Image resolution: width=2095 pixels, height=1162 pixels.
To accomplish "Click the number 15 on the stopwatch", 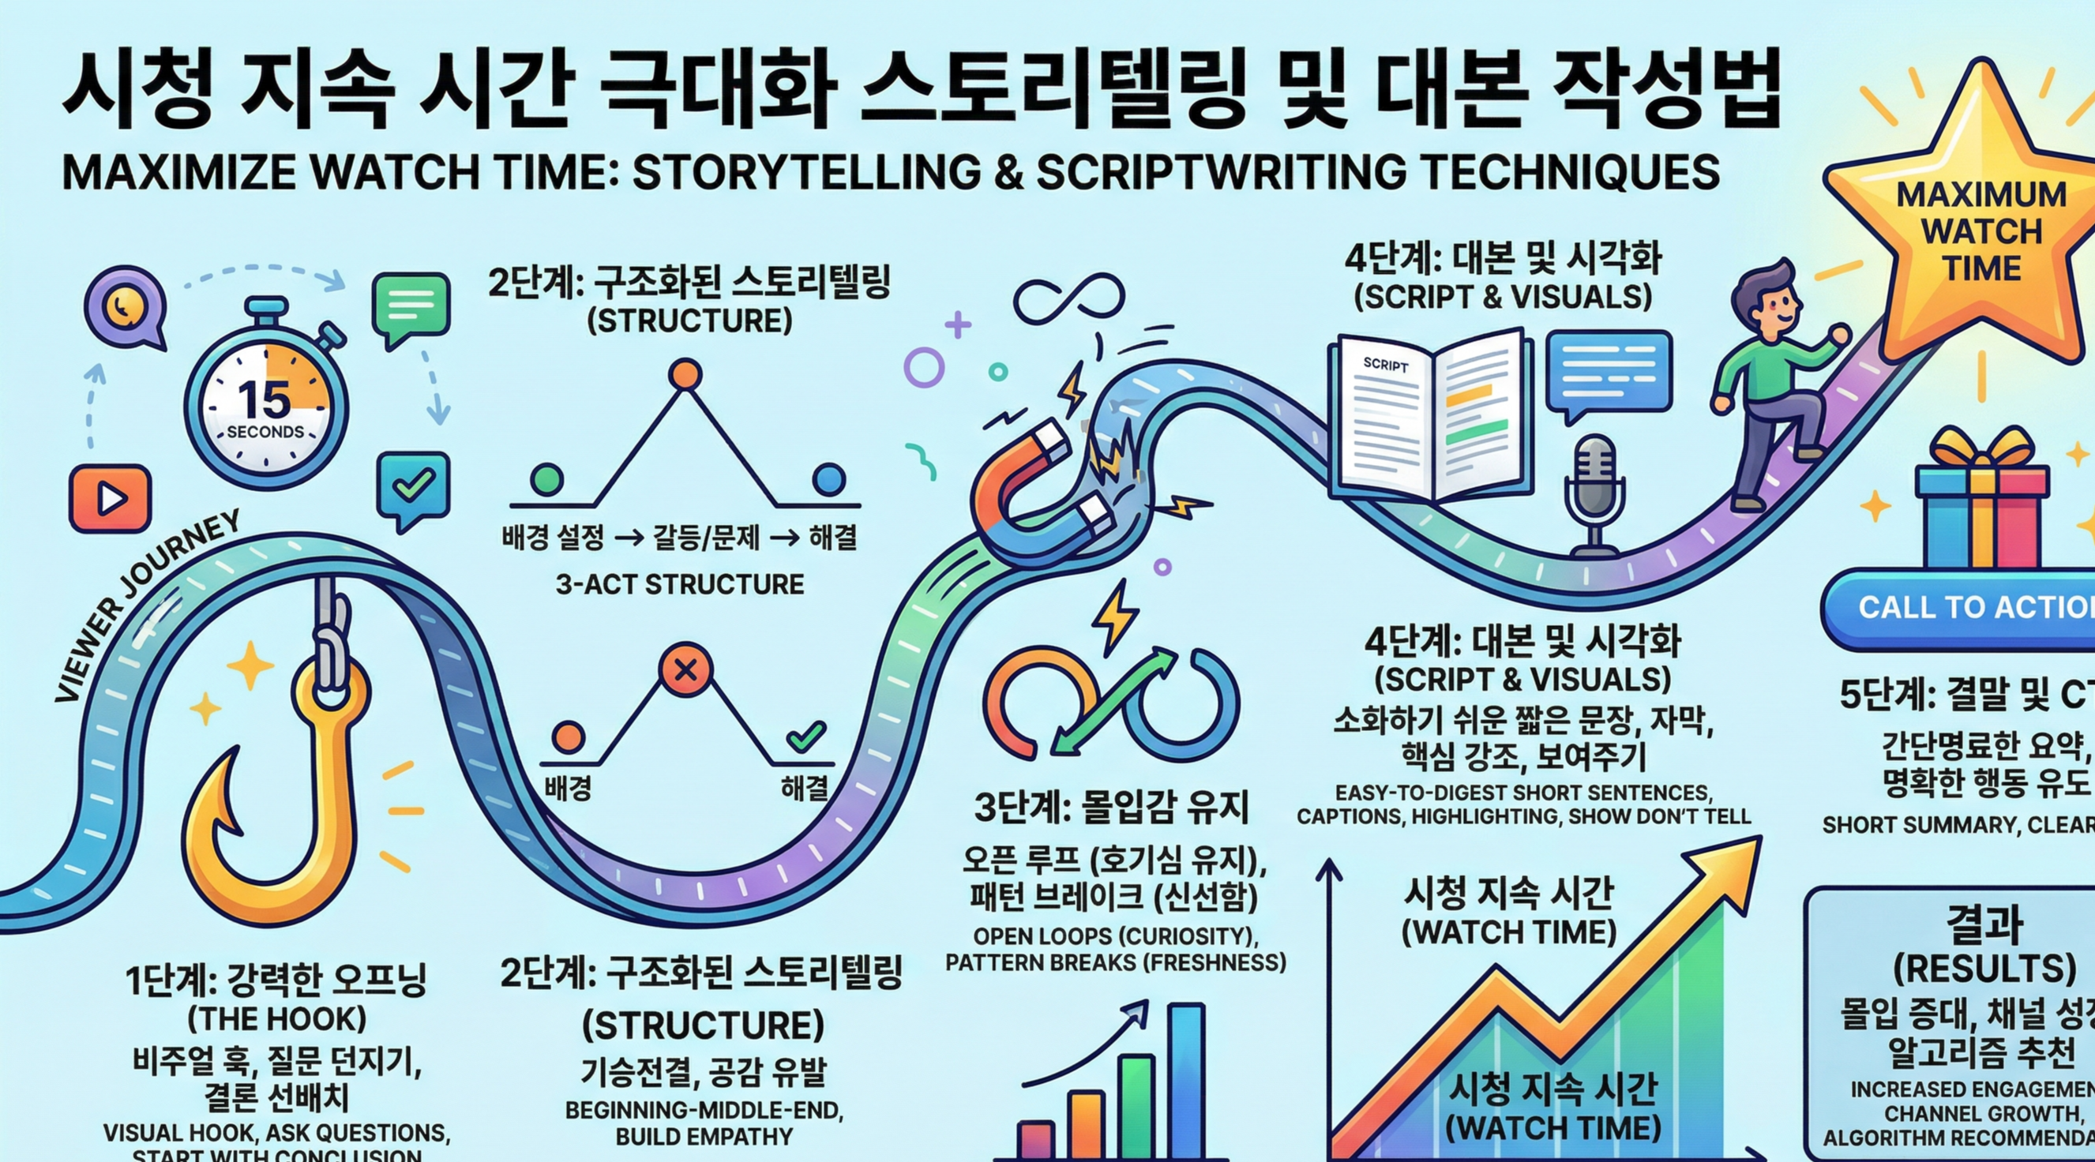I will point(265,400).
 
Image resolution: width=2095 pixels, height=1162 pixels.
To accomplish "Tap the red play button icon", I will point(110,497).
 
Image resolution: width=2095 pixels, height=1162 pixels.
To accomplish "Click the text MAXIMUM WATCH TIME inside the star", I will point(1981,231).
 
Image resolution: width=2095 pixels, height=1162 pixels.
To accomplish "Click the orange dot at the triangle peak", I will point(684,375).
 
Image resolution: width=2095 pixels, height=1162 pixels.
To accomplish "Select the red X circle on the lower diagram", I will point(685,670).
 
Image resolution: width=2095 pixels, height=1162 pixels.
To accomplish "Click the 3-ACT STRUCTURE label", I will point(679,584).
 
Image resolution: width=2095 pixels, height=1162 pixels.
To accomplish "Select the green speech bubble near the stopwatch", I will point(411,307).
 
